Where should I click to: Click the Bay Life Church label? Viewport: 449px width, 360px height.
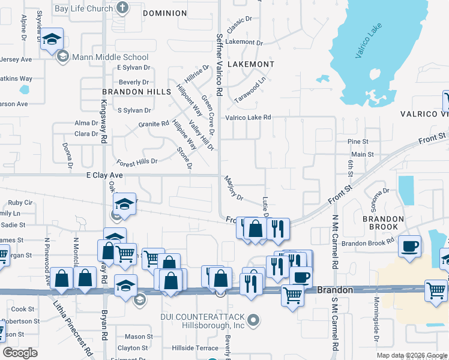click(x=92, y=8)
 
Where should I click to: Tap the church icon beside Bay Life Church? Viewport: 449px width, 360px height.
click(x=122, y=8)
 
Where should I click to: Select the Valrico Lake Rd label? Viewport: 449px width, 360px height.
click(x=248, y=118)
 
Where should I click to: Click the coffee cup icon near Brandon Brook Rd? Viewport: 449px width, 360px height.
click(x=411, y=246)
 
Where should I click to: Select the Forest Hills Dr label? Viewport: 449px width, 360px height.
click(x=137, y=161)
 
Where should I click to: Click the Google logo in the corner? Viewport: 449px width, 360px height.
click(x=20, y=353)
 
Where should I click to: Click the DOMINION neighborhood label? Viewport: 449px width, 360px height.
click(x=165, y=13)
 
